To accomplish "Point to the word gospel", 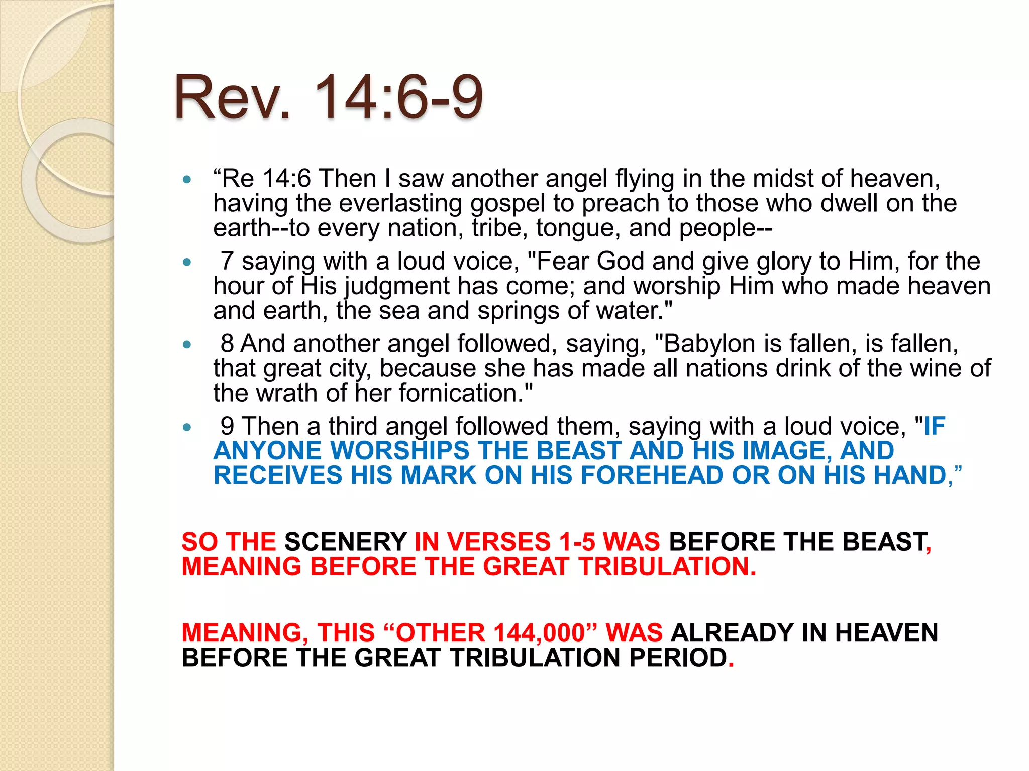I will [x=507, y=204].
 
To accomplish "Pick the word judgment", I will [x=397, y=287].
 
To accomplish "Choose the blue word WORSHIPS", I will [x=399, y=450].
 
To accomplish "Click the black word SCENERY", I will [x=346, y=542].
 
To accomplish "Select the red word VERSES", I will [x=498, y=542].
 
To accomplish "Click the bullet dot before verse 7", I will [x=187, y=262].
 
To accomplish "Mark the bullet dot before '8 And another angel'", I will [x=187, y=344].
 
